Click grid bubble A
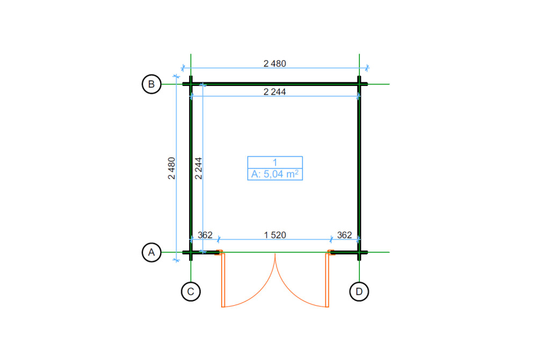[x=151, y=253]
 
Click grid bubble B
[x=151, y=84]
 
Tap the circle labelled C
[x=191, y=291]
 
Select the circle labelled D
[x=359, y=291]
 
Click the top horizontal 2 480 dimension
[x=274, y=64]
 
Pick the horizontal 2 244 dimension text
[x=274, y=92]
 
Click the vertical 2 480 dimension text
[x=172, y=168]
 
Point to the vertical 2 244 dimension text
[x=199, y=168]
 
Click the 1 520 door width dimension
[x=275, y=235]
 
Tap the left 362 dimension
[x=205, y=235]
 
